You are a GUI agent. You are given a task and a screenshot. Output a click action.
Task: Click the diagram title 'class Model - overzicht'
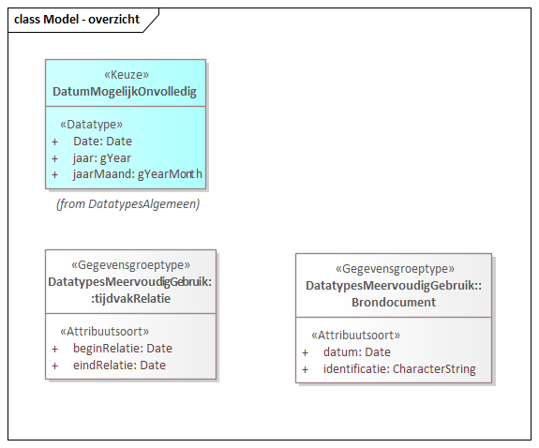coord(77,20)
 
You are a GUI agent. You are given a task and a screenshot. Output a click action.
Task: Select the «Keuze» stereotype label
coord(125,75)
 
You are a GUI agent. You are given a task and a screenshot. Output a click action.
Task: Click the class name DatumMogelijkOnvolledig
coord(125,91)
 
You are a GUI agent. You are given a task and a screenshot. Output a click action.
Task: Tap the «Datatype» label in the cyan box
coord(91,124)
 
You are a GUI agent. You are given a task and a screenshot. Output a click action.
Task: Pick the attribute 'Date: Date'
coord(102,141)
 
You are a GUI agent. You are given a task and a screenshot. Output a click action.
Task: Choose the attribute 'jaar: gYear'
coord(103,157)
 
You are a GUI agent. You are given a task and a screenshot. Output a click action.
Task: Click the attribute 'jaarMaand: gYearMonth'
coord(137,174)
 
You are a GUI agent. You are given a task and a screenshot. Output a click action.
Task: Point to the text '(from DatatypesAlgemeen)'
coord(127,203)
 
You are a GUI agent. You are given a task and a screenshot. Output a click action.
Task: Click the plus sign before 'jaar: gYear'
coord(55,157)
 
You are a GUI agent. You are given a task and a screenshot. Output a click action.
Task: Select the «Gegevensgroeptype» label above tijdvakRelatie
coord(130,265)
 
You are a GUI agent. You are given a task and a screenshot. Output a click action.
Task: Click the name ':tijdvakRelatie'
coord(130,298)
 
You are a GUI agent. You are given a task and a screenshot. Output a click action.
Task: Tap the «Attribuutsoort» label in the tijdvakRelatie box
coord(104,331)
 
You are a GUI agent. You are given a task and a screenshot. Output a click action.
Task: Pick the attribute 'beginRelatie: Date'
coord(122,348)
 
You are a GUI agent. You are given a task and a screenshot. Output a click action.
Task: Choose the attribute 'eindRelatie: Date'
coord(119,365)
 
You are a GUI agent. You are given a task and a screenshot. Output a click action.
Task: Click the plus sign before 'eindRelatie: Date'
coord(55,365)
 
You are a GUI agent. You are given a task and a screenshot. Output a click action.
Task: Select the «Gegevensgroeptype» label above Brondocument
coord(393,269)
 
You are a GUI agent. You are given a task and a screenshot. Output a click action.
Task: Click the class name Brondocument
coord(393,302)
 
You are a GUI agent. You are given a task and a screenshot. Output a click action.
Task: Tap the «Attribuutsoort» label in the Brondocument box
coord(354,335)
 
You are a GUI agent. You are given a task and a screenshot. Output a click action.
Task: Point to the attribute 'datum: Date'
coord(356,351)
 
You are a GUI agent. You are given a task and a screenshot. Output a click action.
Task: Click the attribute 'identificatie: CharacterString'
coord(398,368)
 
